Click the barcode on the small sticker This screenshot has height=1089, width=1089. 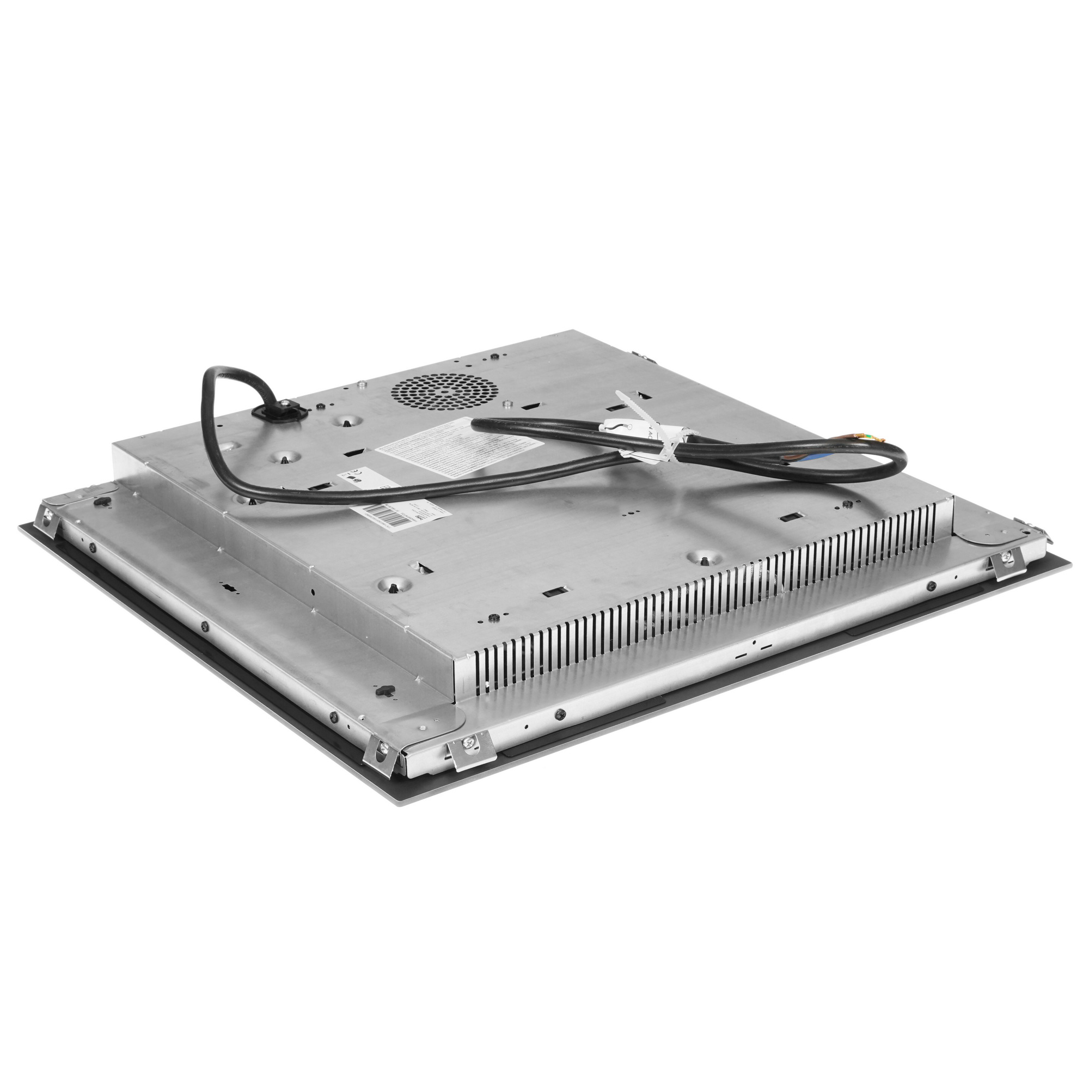pos(384,517)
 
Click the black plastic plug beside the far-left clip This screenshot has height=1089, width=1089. pos(102,501)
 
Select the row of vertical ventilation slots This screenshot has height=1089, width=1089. pos(705,597)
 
